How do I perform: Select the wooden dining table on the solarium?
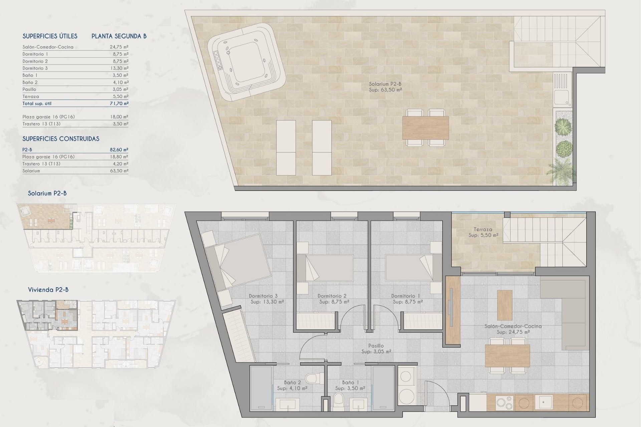pyautogui.click(x=425, y=128)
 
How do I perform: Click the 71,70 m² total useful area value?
pyautogui.click(x=119, y=103)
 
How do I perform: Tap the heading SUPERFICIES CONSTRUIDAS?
pyautogui.click(x=61, y=139)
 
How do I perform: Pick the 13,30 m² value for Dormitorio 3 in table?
pyautogui.click(x=119, y=68)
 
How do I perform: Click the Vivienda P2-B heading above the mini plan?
pyautogui.click(x=48, y=290)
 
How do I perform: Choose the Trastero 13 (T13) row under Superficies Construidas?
pyautogui.click(x=41, y=164)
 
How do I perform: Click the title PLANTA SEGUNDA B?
pyautogui.click(x=119, y=36)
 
